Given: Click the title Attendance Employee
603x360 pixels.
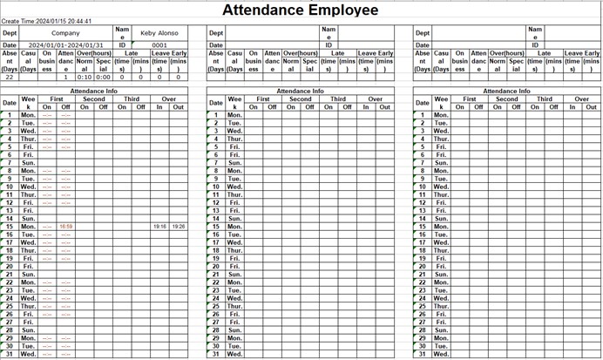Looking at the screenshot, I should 301,10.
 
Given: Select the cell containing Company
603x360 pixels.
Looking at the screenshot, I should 65,33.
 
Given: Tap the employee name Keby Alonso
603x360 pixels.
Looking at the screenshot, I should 159,33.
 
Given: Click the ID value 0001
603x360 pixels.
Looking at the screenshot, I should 159,45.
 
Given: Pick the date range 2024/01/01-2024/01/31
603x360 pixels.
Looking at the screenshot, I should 65,45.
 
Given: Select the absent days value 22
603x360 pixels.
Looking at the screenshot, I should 10,77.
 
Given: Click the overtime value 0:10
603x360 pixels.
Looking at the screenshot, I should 85,77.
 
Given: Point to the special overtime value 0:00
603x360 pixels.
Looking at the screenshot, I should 104,77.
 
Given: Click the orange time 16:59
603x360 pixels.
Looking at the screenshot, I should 65,227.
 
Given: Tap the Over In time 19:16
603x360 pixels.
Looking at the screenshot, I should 159,227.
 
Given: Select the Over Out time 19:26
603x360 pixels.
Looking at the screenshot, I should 178,227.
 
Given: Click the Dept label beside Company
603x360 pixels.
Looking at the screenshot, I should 10,33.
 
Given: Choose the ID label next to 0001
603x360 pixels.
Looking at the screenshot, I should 122,45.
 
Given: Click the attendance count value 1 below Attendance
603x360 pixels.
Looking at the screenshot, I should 65,77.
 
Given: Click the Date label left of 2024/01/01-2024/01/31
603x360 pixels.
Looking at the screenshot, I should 10,45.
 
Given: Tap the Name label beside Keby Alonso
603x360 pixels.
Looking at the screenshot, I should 122,33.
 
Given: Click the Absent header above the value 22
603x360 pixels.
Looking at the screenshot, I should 10,61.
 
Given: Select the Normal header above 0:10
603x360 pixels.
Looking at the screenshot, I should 85,65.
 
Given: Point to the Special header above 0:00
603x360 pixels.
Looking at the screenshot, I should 104,65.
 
